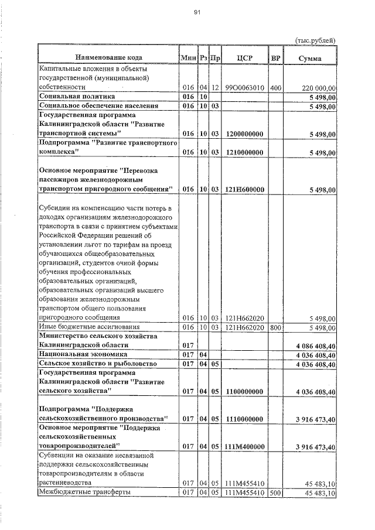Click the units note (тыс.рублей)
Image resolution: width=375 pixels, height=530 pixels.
click(315, 40)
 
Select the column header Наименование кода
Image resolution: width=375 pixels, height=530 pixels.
click(108, 58)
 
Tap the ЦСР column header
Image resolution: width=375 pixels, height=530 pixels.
click(244, 58)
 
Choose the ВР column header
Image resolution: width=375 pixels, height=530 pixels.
click(276, 58)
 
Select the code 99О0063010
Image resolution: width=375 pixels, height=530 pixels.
click(244, 87)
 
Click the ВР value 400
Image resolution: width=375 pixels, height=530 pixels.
click(276, 87)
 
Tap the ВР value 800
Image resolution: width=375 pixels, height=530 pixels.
click(276, 327)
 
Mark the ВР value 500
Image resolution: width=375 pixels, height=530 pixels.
click(276, 493)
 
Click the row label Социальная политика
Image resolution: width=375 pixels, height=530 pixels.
click(77, 96)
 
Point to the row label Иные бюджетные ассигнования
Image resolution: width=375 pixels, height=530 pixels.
click(88, 327)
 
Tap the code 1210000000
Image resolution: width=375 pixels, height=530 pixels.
click(244, 152)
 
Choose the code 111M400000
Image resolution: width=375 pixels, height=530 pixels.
click(244, 446)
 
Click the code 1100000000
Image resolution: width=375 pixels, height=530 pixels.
click(244, 391)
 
